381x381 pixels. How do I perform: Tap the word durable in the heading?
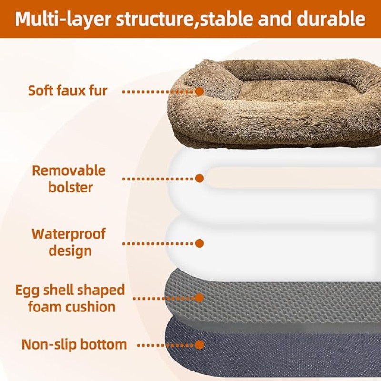(x=331, y=19)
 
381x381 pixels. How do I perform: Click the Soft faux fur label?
(x=68, y=90)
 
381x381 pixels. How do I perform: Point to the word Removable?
(x=69, y=170)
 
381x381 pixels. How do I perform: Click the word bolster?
(x=70, y=187)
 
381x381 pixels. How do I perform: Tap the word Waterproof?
(x=69, y=234)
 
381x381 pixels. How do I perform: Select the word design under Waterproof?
(x=70, y=251)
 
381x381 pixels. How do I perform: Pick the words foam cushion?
(x=72, y=307)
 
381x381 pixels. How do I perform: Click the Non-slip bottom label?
(x=74, y=344)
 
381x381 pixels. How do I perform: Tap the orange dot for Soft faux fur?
(x=200, y=91)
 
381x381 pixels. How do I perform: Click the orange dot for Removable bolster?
(x=200, y=179)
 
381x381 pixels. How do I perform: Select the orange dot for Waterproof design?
(x=200, y=243)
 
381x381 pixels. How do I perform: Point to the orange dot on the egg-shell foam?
(x=200, y=298)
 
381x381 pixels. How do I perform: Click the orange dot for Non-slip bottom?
(x=200, y=345)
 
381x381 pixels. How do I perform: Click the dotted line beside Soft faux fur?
(x=159, y=92)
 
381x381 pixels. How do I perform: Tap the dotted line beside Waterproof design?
(x=159, y=243)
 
